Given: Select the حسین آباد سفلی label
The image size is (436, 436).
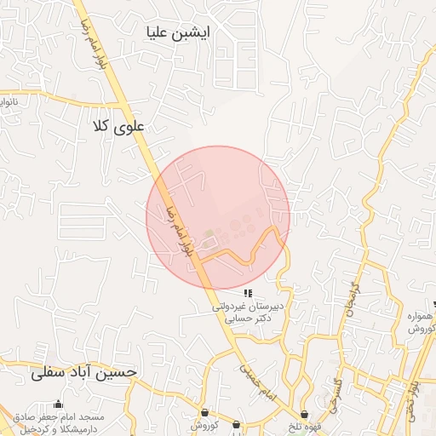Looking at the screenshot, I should [83, 372].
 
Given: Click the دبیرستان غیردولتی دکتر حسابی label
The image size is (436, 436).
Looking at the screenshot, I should [253, 313].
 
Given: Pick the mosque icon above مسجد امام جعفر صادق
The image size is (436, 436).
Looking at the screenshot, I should [58, 404].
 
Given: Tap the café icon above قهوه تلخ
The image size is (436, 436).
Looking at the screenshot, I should [304, 414].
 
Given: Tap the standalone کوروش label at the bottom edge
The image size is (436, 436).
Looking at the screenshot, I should [204, 425].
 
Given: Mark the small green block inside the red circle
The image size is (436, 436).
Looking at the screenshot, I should [209, 232].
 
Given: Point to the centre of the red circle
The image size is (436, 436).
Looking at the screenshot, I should [218, 218].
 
